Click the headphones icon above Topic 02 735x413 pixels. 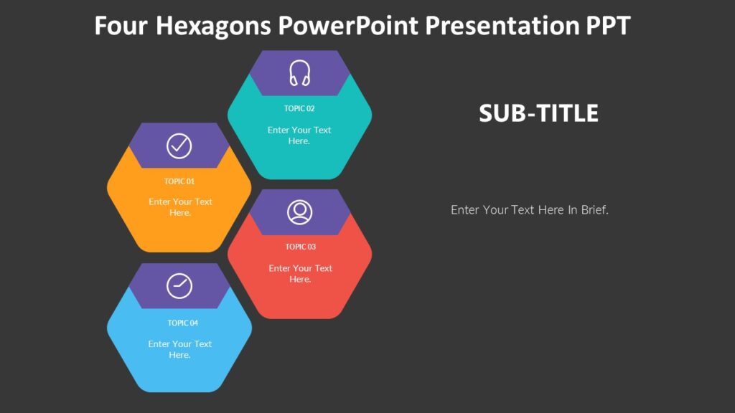(x=299, y=73)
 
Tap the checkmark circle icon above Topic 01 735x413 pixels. (x=179, y=146)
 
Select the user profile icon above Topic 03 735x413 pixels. (x=300, y=212)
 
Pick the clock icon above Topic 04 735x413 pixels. (x=179, y=285)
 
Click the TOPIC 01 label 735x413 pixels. (x=179, y=181)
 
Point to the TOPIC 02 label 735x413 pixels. (x=299, y=109)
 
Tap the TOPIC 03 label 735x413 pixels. (x=300, y=247)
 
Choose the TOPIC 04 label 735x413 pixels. (x=183, y=323)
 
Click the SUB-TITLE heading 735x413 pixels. (x=538, y=113)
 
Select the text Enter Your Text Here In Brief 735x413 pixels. (x=530, y=210)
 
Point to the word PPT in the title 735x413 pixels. (x=608, y=27)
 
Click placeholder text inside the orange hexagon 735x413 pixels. (x=180, y=207)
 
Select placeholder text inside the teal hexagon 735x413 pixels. (x=299, y=136)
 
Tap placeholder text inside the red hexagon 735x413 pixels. (x=300, y=273)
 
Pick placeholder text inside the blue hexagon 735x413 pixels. (x=180, y=349)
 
